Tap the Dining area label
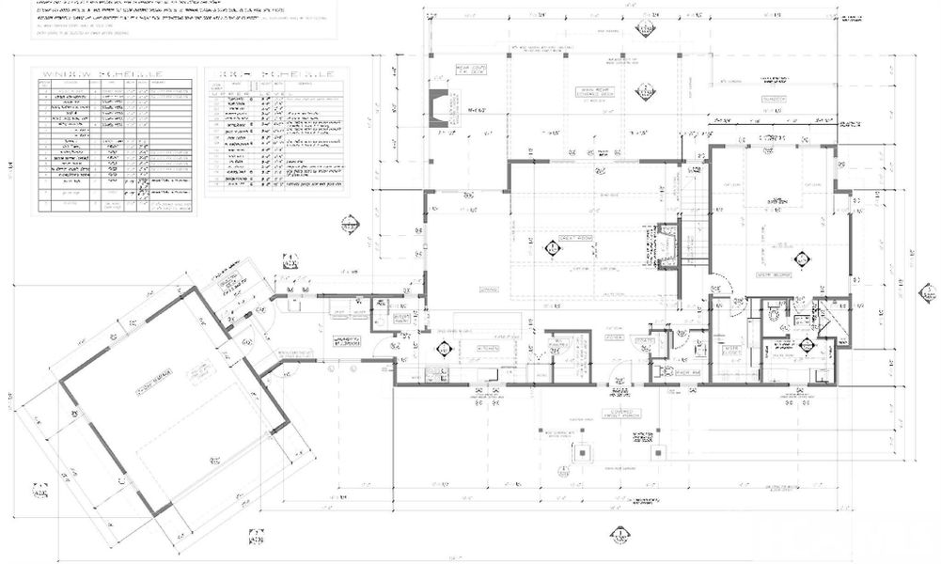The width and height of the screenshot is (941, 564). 488,289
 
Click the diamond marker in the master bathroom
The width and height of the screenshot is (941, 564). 807,346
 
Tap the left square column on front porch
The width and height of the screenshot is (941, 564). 583,451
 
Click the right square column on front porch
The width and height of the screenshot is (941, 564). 661,451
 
